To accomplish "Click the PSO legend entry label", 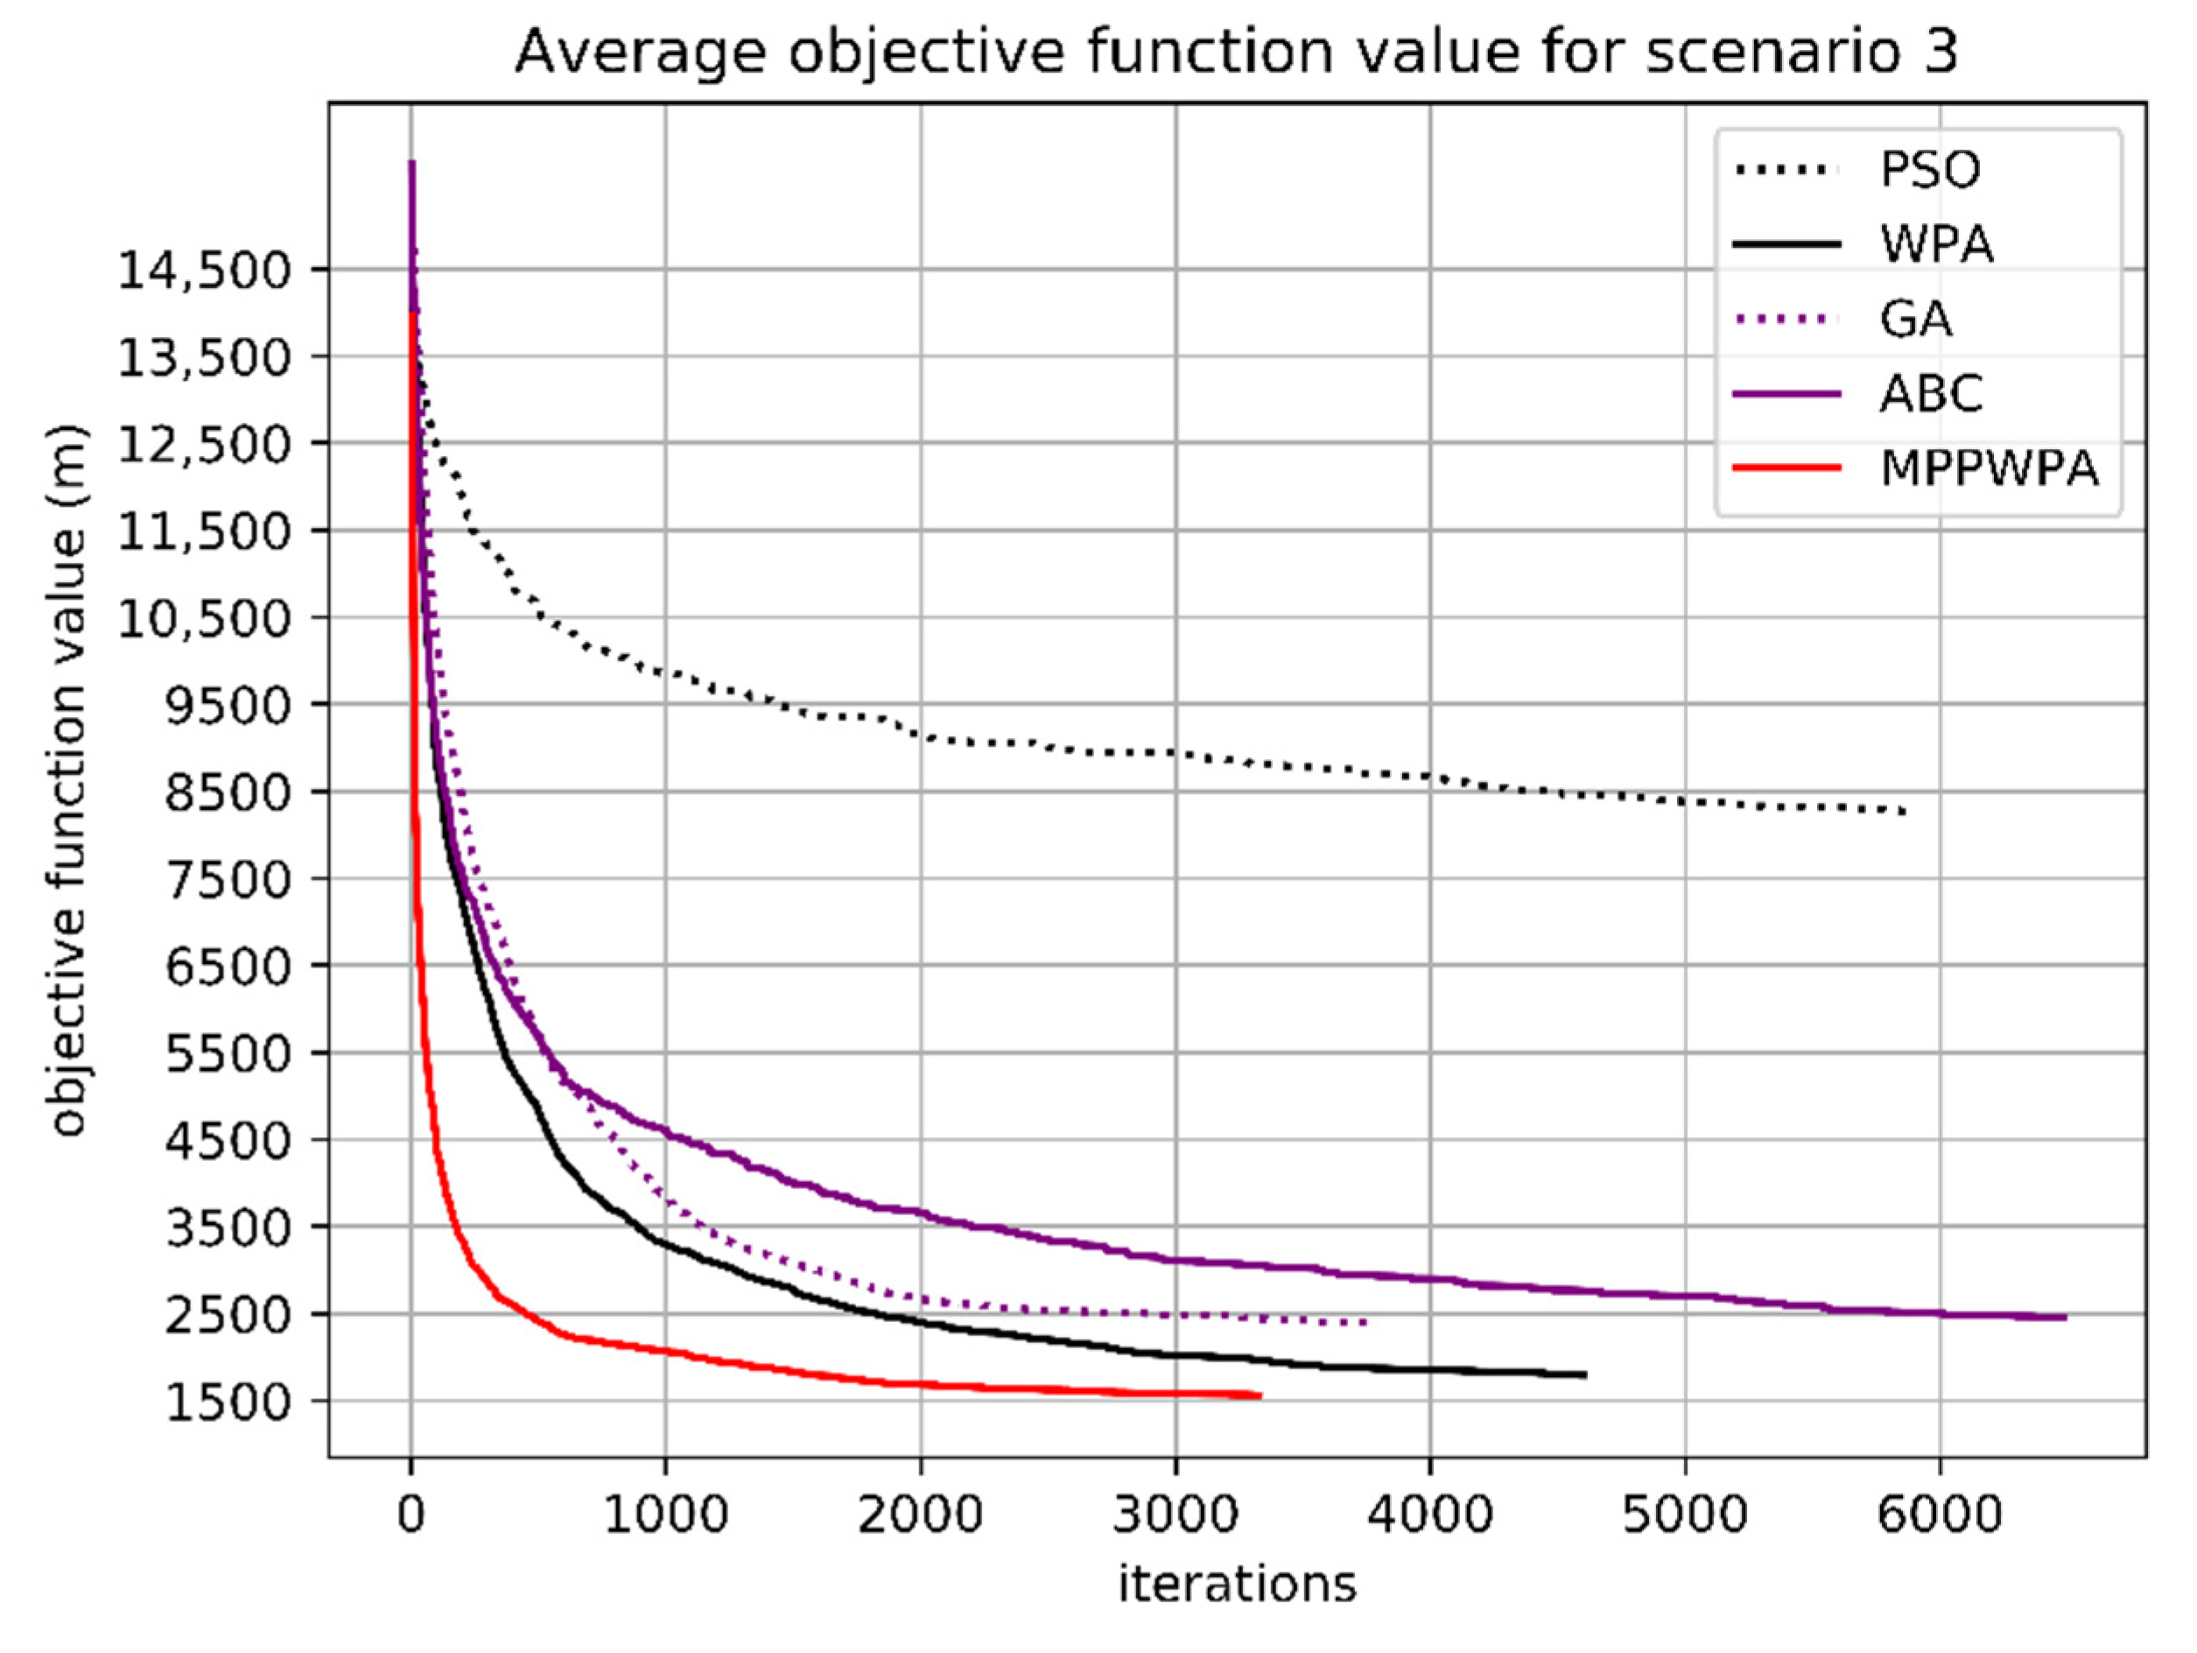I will click(1930, 170).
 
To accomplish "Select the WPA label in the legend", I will click(1937, 244).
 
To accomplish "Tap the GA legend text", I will click(1915, 319).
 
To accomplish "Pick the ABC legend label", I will click(1931, 393).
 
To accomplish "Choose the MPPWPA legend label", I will click(1990, 468).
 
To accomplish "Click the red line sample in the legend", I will click(1786, 467).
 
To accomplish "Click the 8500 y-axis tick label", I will click(227, 792).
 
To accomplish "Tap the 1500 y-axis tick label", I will click(227, 1403).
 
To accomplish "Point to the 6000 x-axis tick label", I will click(1939, 1516).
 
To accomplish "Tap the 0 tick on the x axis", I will click(411, 1516).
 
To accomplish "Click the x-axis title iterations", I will click(1237, 1584).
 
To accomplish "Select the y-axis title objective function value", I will click(67, 781).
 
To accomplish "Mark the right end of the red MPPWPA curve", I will click(1260, 1396).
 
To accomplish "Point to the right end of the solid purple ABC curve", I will click(2065, 1317).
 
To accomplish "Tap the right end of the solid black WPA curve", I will click(1585, 1375).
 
